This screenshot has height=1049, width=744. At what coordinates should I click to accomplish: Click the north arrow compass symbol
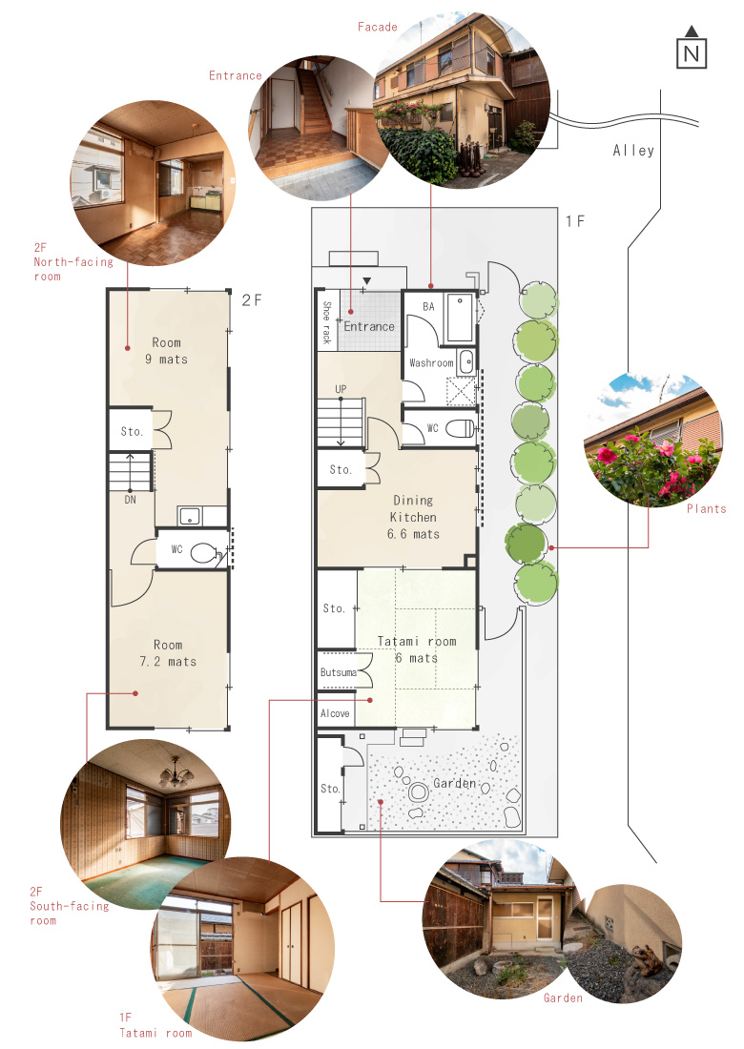[x=692, y=48]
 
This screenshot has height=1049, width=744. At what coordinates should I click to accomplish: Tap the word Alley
[x=633, y=152]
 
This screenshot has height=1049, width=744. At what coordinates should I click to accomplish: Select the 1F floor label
[x=575, y=221]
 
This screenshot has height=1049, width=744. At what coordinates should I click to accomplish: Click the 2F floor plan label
[x=252, y=300]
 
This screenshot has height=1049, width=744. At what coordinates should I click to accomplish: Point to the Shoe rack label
[x=326, y=321]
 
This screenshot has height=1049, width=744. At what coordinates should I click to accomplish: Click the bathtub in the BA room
[x=460, y=318]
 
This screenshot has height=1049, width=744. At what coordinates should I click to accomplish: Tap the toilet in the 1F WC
[x=461, y=428]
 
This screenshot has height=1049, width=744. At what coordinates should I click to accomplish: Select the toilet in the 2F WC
[x=205, y=553]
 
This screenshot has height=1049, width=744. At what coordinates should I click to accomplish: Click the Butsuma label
[x=338, y=672]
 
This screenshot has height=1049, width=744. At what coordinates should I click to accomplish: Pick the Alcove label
[x=335, y=714]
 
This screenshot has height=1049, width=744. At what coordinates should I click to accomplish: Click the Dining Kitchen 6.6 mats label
[x=413, y=517]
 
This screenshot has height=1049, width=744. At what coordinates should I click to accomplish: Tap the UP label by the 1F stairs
[x=341, y=389]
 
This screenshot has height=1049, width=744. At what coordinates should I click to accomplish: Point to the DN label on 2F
[x=130, y=500]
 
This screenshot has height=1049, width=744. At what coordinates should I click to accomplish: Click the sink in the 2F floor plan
[x=190, y=517]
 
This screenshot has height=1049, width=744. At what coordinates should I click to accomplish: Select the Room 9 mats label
[x=167, y=351]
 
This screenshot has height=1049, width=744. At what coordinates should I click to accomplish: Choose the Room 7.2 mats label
[x=168, y=653]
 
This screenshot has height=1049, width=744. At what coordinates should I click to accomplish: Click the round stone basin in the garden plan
[x=419, y=792]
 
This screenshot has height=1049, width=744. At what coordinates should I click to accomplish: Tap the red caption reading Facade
[x=378, y=28]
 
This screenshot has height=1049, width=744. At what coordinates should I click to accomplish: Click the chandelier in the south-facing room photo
[x=176, y=774]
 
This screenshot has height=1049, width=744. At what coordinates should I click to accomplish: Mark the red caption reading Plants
[x=707, y=509]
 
